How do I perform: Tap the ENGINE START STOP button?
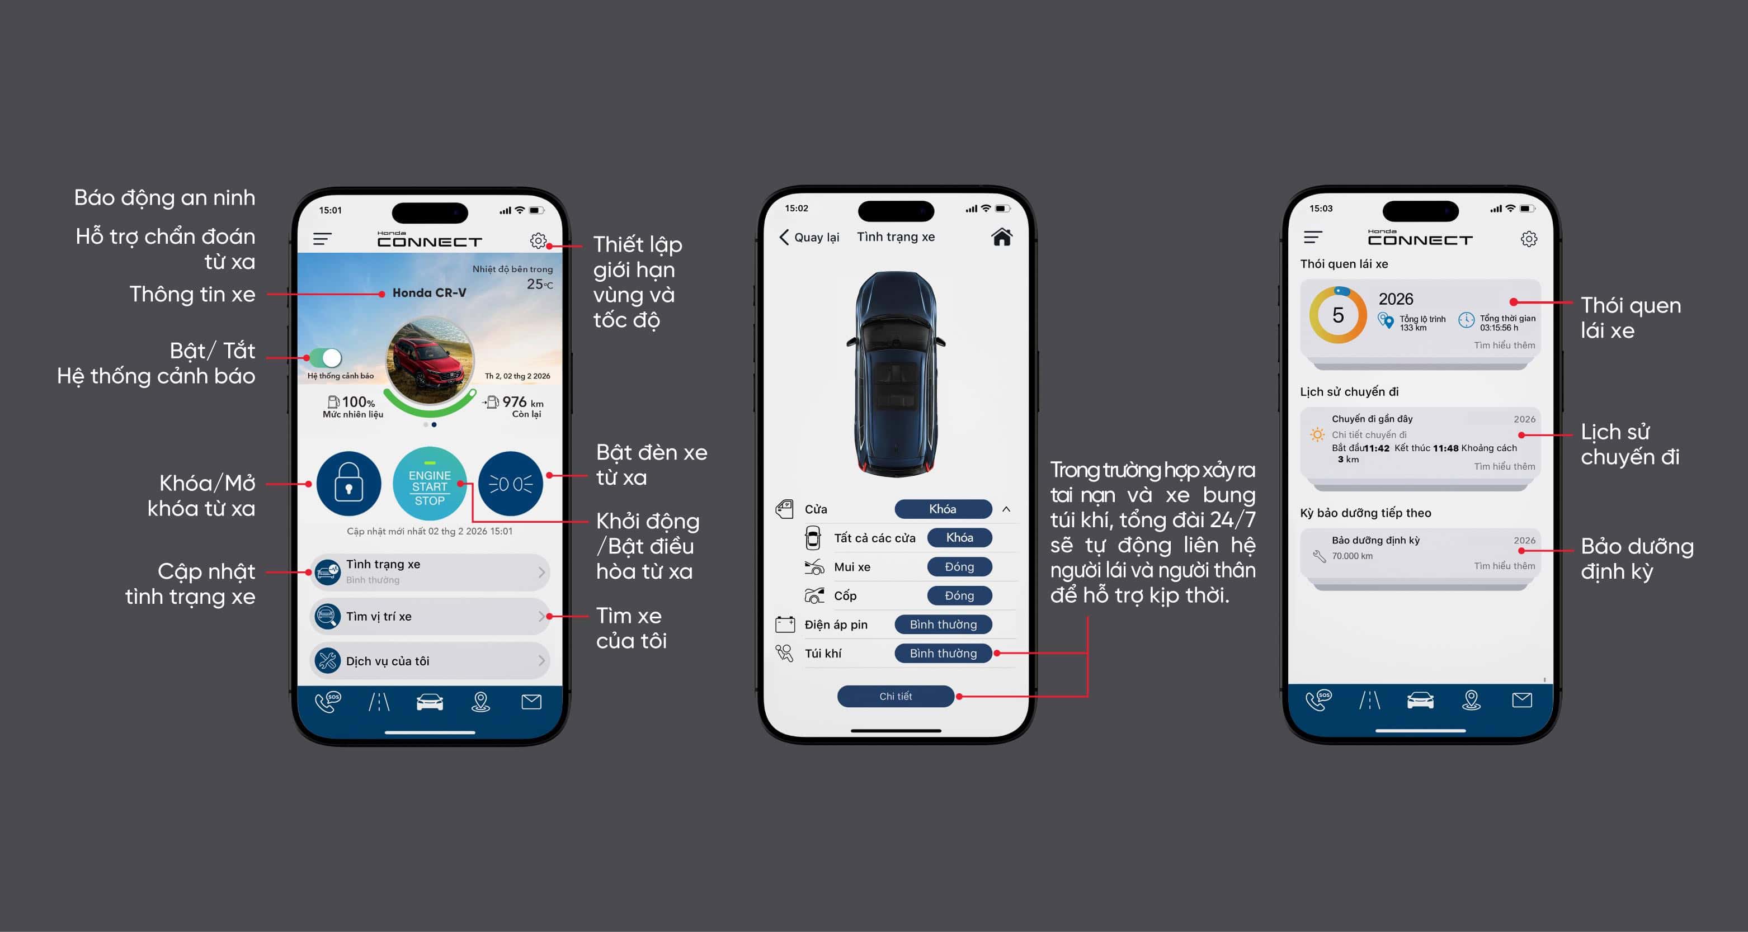point(430,484)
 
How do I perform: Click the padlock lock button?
point(349,484)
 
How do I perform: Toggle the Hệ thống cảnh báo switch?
point(326,357)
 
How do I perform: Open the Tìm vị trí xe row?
point(430,616)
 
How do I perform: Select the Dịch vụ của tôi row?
point(430,661)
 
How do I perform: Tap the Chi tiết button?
point(896,697)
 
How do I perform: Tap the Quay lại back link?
point(809,236)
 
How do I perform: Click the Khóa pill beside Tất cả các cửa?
point(959,538)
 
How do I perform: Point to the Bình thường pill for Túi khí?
point(943,653)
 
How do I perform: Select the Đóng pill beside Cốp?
point(959,595)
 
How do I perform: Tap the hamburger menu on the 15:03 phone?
point(1313,238)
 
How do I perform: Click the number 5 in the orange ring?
point(1337,315)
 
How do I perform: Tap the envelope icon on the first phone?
point(531,701)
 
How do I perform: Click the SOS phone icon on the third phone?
point(1318,699)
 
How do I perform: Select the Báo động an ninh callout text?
point(165,197)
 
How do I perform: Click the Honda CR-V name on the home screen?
point(429,293)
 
